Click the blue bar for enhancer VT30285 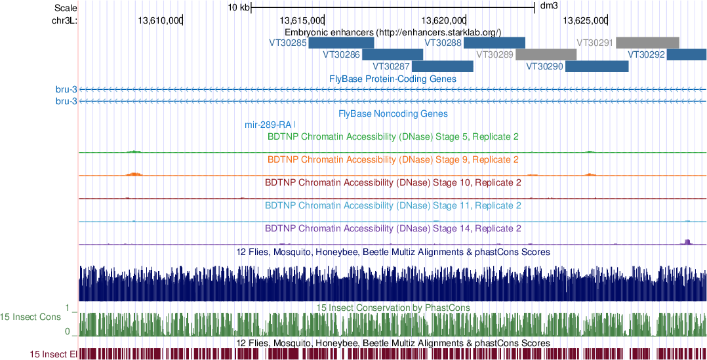[341, 43]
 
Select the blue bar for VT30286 [393, 54]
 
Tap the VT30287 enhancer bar [443, 66]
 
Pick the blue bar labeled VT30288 [495, 43]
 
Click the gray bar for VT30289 [546, 54]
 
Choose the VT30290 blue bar [597, 66]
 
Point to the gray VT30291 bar [647, 43]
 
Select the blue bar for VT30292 [687, 54]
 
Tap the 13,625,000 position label [587, 20]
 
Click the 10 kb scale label [238, 8]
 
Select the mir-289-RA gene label [269, 125]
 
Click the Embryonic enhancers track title [393, 31]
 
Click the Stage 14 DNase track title [393, 229]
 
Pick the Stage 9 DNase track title [393, 159]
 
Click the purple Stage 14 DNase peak [687, 242]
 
